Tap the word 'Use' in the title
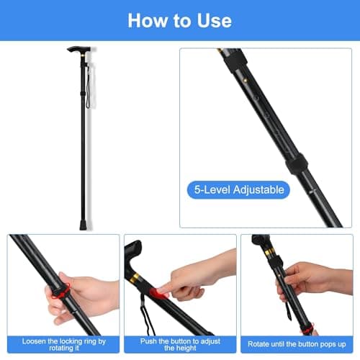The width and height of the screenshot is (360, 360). click(x=214, y=19)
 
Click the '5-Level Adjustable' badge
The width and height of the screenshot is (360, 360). click(x=239, y=190)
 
